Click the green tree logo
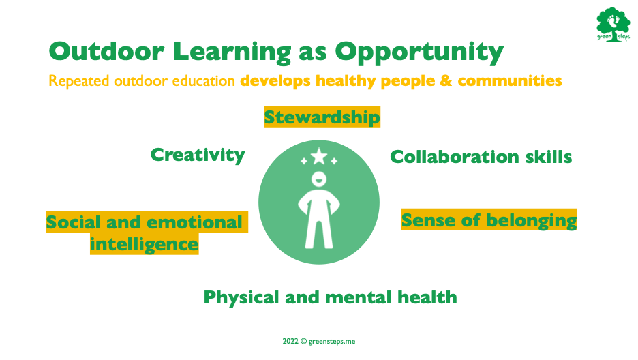613,25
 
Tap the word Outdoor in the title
106,52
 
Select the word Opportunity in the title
419,53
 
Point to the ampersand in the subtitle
446,80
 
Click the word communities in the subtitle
510,80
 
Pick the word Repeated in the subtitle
79,81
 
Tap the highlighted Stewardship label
322,117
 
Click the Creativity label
198,155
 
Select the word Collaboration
455,157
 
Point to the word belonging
532,221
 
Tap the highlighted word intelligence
144,245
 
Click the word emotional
194,222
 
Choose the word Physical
241,298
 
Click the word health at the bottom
427,297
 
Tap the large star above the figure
319,156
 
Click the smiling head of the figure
319,179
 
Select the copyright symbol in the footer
303,342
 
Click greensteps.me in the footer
332,342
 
